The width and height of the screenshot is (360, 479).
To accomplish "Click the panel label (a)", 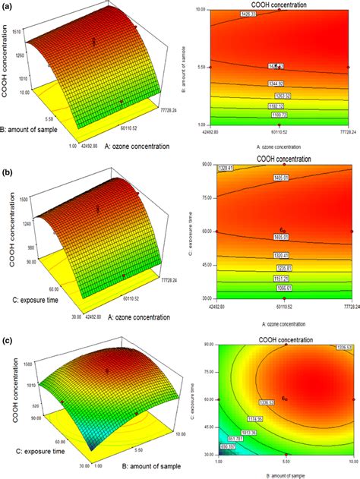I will [6, 6].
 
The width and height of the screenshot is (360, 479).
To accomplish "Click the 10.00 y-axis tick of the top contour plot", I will [201, 10].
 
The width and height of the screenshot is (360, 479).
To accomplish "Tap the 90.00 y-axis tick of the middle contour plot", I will [201, 163].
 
